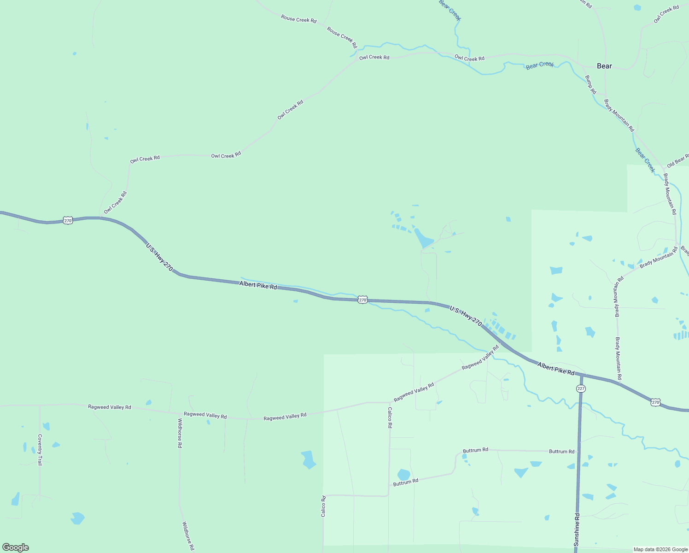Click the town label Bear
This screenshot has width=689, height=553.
coord(604,66)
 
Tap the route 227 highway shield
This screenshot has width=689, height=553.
coord(581,388)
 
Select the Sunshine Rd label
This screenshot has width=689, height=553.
coord(577,530)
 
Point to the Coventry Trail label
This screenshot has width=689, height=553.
coord(40,450)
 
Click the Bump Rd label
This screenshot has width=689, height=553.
coord(590,85)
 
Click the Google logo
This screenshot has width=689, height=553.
coord(15,547)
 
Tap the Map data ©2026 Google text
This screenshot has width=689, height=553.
coord(660,549)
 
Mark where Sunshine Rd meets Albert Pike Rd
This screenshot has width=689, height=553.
coord(582,375)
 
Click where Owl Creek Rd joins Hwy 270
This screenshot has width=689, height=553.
coord(100,218)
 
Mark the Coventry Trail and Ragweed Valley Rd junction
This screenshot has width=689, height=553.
coord(40,406)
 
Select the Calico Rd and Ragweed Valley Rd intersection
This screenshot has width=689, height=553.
coord(390,402)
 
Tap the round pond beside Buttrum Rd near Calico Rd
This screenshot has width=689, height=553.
coord(403,475)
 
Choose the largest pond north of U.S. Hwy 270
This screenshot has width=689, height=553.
coord(423,238)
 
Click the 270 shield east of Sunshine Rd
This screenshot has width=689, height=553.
coord(655,402)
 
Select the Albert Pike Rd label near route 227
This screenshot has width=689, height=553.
coord(556,369)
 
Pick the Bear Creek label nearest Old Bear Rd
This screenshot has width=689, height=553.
coord(645,160)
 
